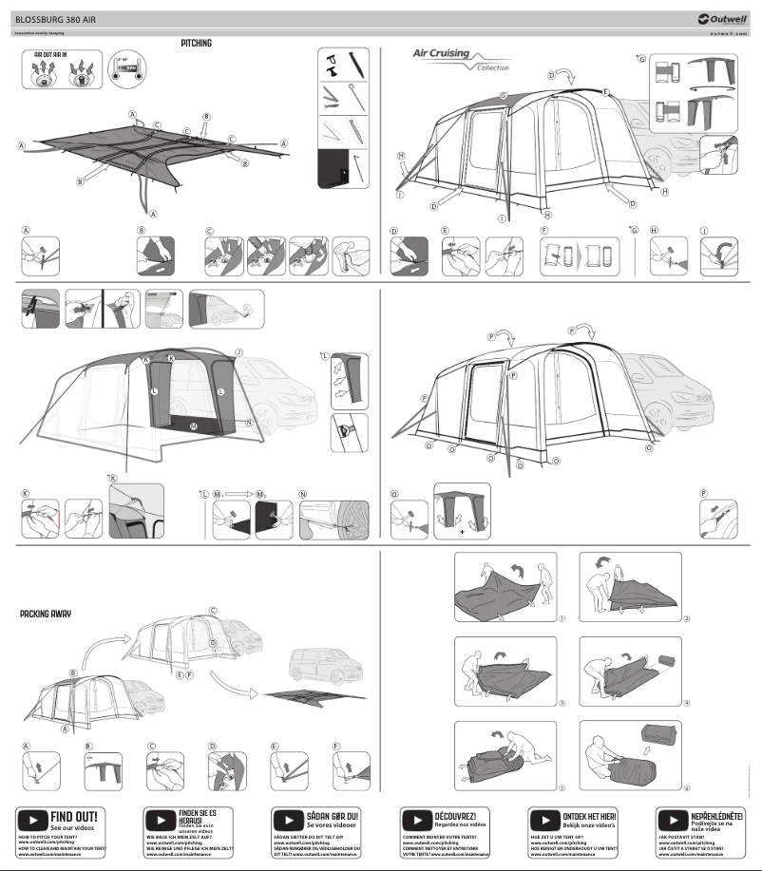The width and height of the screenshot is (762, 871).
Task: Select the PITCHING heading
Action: (x=196, y=44)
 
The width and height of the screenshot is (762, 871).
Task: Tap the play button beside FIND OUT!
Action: (x=32, y=818)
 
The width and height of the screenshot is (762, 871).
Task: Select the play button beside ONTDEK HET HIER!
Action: (x=544, y=818)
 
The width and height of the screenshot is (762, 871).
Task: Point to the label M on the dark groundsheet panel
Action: (x=194, y=426)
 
